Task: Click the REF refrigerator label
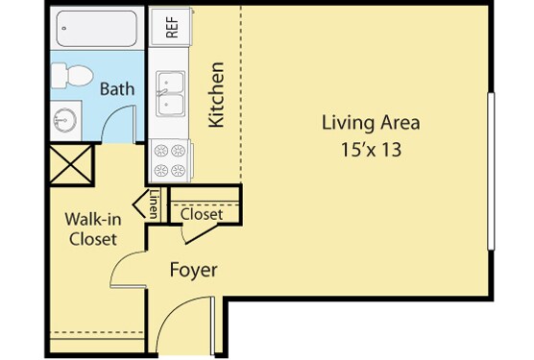(x=172, y=27)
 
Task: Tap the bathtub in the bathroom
(x=97, y=29)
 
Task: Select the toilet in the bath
(x=72, y=76)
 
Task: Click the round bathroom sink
(x=64, y=120)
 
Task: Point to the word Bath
(x=117, y=89)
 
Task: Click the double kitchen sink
(x=170, y=93)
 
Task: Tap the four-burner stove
(x=170, y=160)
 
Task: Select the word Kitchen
(x=217, y=95)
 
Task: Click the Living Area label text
(x=371, y=123)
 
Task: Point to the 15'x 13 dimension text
(x=372, y=150)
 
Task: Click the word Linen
(x=155, y=204)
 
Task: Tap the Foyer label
(x=193, y=270)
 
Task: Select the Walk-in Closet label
(x=93, y=229)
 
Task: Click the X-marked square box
(x=71, y=165)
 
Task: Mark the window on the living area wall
(x=491, y=171)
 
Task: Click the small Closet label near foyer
(x=202, y=214)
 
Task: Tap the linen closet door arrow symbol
(x=139, y=204)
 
